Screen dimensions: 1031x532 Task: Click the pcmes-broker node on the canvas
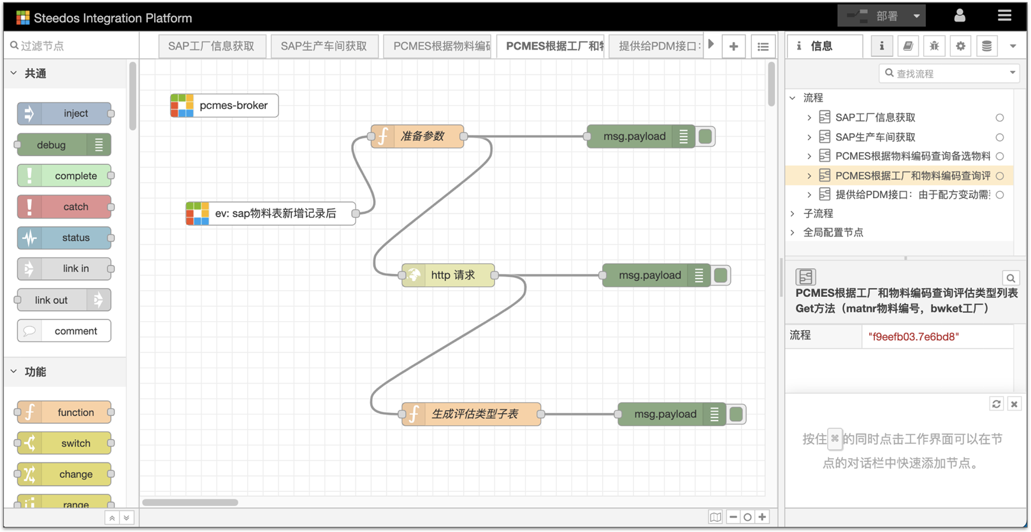224,105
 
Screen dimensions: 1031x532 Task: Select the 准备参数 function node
417,136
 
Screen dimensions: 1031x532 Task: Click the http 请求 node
448,275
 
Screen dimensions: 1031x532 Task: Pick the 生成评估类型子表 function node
471,413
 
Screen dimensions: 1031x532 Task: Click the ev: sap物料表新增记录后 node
271,213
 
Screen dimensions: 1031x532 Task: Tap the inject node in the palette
64,113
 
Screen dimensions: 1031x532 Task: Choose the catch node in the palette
64,206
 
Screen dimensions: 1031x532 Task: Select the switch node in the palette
64,443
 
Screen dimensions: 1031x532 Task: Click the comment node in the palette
64,331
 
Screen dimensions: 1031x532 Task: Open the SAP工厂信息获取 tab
212,46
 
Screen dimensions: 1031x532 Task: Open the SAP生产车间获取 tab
324,46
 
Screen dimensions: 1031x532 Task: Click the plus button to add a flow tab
733,46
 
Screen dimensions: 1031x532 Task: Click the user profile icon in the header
960,16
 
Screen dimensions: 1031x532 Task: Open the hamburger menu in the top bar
1004,16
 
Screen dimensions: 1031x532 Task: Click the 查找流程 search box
949,74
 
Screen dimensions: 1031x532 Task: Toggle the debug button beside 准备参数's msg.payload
705,136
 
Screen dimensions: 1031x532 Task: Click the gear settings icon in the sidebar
960,46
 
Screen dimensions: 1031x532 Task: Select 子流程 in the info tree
818,213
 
